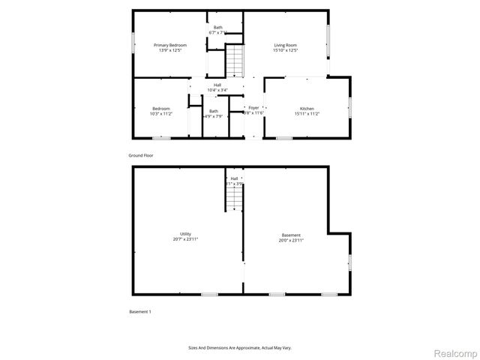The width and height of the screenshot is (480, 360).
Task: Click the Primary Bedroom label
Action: point(170,46)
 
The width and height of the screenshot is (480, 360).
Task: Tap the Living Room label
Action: point(285,46)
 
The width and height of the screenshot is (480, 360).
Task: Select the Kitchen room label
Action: point(307,109)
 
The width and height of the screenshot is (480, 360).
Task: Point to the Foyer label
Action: point(253,108)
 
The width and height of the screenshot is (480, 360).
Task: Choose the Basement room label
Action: point(291,234)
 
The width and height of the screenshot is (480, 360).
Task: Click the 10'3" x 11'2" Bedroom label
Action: point(160,109)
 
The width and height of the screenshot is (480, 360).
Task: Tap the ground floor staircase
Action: point(235,61)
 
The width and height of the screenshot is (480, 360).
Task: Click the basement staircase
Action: point(235,199)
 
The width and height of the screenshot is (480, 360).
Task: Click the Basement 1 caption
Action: point(139,310)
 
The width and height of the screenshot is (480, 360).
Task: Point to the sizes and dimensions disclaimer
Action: point(239,348)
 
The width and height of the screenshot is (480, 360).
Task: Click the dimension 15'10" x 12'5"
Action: point(285,51)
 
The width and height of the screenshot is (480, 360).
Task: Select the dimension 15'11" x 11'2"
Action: point(307,114)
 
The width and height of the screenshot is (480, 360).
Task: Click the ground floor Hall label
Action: point(217,85)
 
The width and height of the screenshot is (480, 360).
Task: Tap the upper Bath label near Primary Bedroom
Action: point(217,28)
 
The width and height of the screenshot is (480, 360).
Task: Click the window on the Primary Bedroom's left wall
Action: point(133,43)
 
